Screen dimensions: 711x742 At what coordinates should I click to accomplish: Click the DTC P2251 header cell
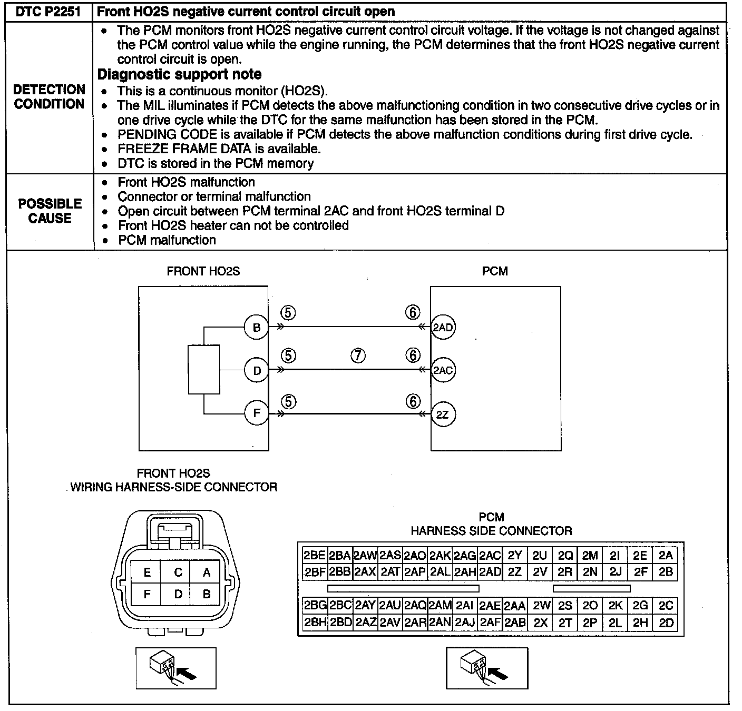coord(48,12)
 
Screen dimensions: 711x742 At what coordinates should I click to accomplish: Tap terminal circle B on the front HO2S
coord(257,328)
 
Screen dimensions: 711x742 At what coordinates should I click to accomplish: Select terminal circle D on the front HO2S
coord(257,370)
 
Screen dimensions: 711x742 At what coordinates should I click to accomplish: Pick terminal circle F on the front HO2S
coord(257,413)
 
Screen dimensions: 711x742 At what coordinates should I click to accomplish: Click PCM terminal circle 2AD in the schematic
coord(443,328)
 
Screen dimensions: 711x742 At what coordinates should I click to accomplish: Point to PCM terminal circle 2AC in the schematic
coord(443,370)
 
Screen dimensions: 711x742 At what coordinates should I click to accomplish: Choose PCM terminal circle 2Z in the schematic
coord(443,414)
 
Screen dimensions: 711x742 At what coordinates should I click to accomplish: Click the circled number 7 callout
coord(357,356)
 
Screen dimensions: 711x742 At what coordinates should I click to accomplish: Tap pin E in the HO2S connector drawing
coord(147,572)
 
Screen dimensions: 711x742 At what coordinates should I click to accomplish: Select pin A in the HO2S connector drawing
coord(207,572)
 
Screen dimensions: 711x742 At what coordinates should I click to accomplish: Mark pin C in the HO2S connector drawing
coord(178,572)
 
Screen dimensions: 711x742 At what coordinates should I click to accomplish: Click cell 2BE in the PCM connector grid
coord(315,555)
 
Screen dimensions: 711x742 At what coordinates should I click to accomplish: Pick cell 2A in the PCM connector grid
coord(666,555)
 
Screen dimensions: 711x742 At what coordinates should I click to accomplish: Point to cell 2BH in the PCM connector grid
coord(315,623)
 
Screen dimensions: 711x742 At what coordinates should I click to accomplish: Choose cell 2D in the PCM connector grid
coord(666,623)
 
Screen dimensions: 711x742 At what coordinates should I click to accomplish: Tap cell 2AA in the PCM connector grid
coord(514,606)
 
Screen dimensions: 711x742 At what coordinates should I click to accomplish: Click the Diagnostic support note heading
coord(180,74)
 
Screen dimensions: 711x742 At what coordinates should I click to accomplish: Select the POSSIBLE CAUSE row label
coord(50,211)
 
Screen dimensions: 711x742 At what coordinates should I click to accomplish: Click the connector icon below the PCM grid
coord(486,668)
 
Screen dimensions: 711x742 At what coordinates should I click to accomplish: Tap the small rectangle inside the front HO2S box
coord(204,370)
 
